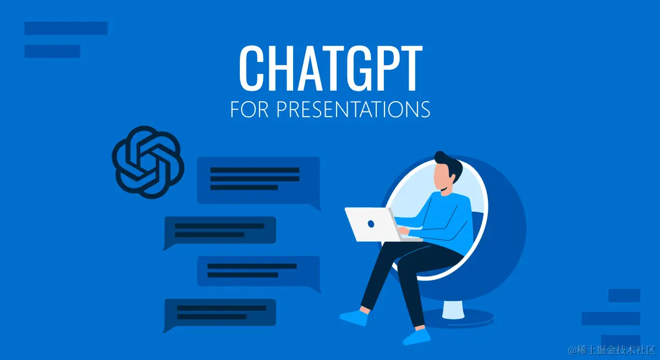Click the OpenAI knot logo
click(147, 162)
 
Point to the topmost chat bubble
click(258, 180)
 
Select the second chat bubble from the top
click(220, 230)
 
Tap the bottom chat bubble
click(220, 313)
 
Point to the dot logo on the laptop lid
click(371, 224)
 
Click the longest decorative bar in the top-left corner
click(66, 28)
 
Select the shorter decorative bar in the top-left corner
click(52, 51)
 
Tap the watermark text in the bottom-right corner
click(611, 350)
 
